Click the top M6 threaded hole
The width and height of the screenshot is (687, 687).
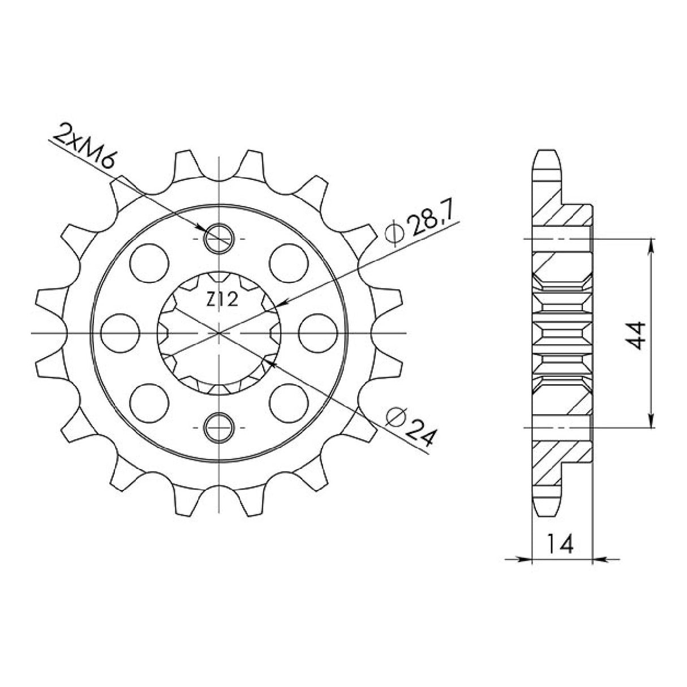219,238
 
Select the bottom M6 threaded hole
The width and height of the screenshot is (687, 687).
219,427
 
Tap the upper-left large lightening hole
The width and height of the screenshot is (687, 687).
149,262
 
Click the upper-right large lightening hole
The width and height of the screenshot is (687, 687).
289,262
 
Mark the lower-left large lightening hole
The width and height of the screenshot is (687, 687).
149,403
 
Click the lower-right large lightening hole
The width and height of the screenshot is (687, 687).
289,403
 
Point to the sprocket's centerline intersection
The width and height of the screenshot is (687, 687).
219,333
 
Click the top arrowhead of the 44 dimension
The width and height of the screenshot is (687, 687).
651,244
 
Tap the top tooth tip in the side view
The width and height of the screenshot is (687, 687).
547,154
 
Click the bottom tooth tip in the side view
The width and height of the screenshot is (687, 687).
547,512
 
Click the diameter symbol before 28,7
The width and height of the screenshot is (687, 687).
394,234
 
